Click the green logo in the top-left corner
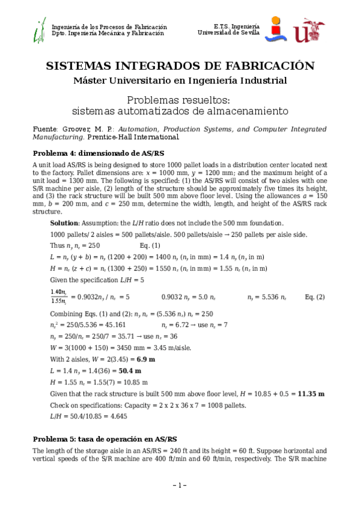[40, 29]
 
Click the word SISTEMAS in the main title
[79, 66]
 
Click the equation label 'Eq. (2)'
[314, 297]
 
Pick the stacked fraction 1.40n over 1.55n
[59, 296]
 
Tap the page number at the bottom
[180, 485]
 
